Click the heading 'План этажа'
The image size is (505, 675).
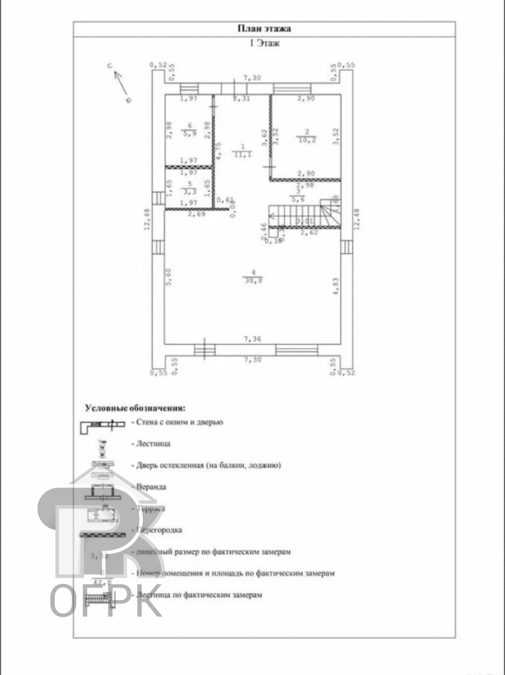coord(264,29)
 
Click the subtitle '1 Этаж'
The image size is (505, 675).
coord(264,43)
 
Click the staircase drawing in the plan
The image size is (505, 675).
coord(303,216)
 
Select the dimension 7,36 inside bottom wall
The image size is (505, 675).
coord(252,339)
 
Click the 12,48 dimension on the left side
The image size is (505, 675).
coord(148,219)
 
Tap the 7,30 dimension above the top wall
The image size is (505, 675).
coord(251,78)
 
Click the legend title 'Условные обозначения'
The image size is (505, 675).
coord(135,408)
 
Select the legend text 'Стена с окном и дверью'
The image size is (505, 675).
coord(179,422)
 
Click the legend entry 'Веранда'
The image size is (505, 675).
coord(151,487)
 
